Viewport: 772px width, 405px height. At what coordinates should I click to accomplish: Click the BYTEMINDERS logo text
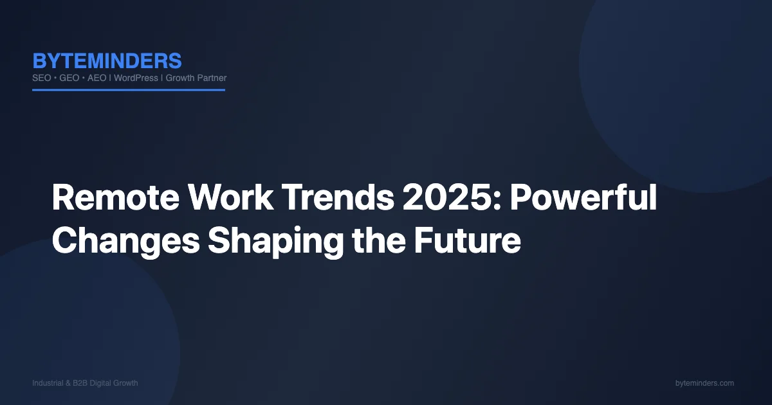click(x=107, y=61)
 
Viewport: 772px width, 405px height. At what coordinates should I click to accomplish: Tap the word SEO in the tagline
click(x=42, y=78)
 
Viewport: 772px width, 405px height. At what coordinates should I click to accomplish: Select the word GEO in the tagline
click(x=69, y=78)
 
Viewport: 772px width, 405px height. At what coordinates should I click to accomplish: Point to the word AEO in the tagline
click(x=97, y=78)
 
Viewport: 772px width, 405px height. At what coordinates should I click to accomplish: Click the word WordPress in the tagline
click(x=136, y=78)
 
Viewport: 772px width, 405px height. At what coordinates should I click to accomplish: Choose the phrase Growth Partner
click(x=196, y=78)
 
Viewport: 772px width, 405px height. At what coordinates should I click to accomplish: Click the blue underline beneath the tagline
click(x=129, y=90)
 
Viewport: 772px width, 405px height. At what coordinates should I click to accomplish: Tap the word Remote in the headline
click(x=116, y=198)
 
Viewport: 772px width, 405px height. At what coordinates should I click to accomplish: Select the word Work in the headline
click(x=231, y=197)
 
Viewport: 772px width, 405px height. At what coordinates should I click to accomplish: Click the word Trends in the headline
click(x=338, y=197)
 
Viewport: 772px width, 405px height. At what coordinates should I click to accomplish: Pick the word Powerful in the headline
click(x=584, y=197)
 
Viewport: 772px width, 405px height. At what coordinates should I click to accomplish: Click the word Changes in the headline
click(x=126, y=241)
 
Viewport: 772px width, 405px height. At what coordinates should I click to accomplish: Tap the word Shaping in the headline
click(x=276, y=241)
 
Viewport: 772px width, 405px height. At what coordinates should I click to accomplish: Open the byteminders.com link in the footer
click(x=704, y=383)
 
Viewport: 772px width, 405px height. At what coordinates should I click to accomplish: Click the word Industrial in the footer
click(x=48, y=383)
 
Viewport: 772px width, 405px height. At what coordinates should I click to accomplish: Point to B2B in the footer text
click(x=80, y=383)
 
